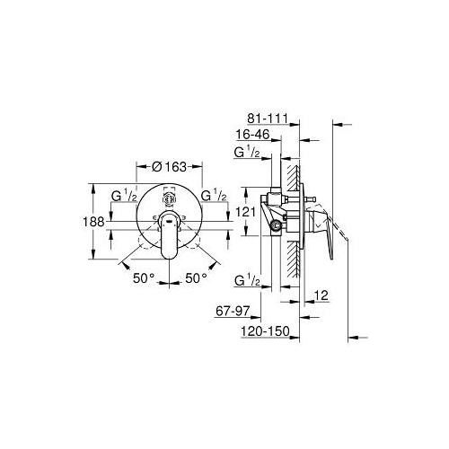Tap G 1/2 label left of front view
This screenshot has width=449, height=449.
[123, 195]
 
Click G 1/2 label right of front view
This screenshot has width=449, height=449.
[215, 195]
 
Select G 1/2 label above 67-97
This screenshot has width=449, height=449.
[246, 281]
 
